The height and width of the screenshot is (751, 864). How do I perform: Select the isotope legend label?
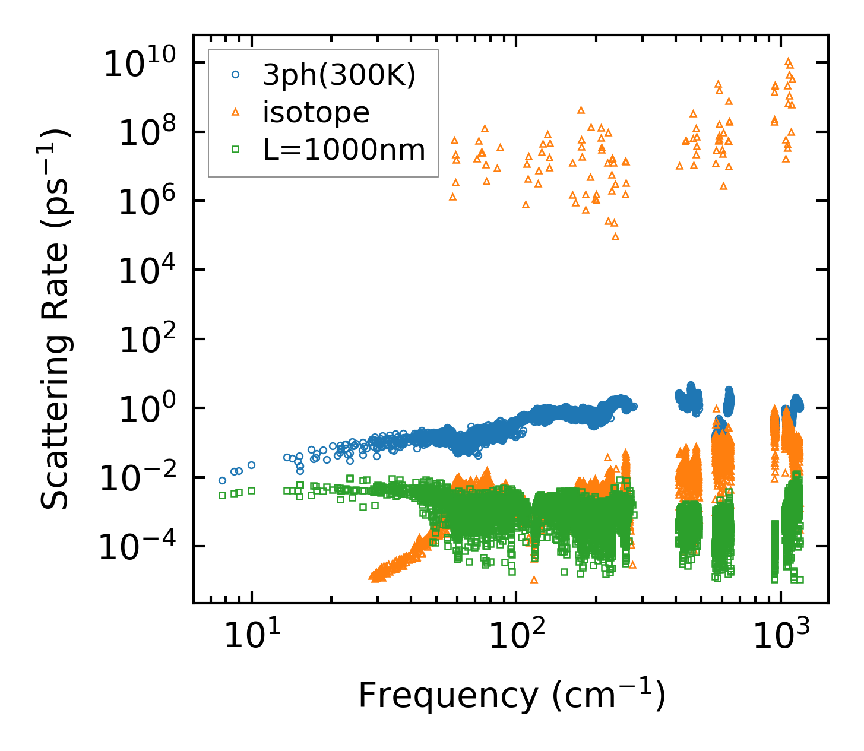click(316, 112)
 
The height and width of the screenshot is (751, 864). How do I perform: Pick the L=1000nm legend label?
click(344, 150)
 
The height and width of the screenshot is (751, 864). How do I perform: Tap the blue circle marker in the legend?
click(236, 75)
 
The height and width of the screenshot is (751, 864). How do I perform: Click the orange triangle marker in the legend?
click(236, 112)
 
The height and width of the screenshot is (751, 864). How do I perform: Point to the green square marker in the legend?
click(236, 150)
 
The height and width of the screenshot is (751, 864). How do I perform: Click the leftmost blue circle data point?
click(223, 480)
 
